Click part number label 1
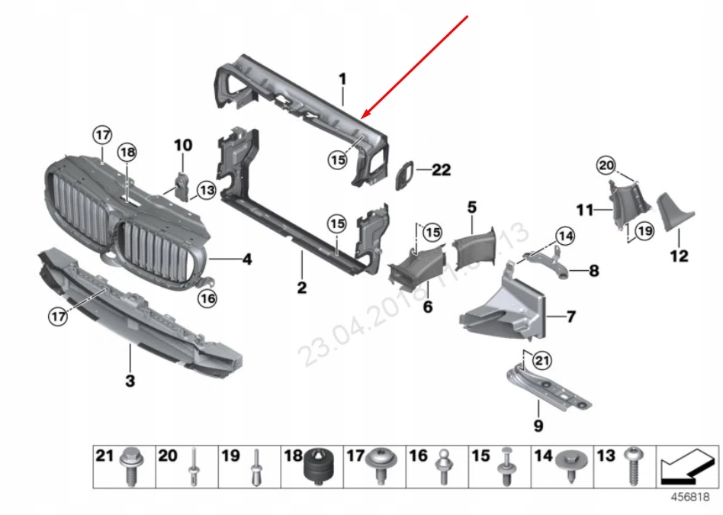click(342, 79)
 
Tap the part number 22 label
click(442, 170)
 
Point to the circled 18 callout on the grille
click(127, 153)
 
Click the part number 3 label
click(130, 380)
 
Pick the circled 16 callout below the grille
click(207, 299)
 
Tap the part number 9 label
click(538, 426)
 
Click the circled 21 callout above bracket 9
click(541, 359)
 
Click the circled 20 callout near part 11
click(606, 164)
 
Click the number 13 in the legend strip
click(606, 456)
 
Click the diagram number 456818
click(690, 497)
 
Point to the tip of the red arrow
click(365, 118)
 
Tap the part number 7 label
click(571, 315)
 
